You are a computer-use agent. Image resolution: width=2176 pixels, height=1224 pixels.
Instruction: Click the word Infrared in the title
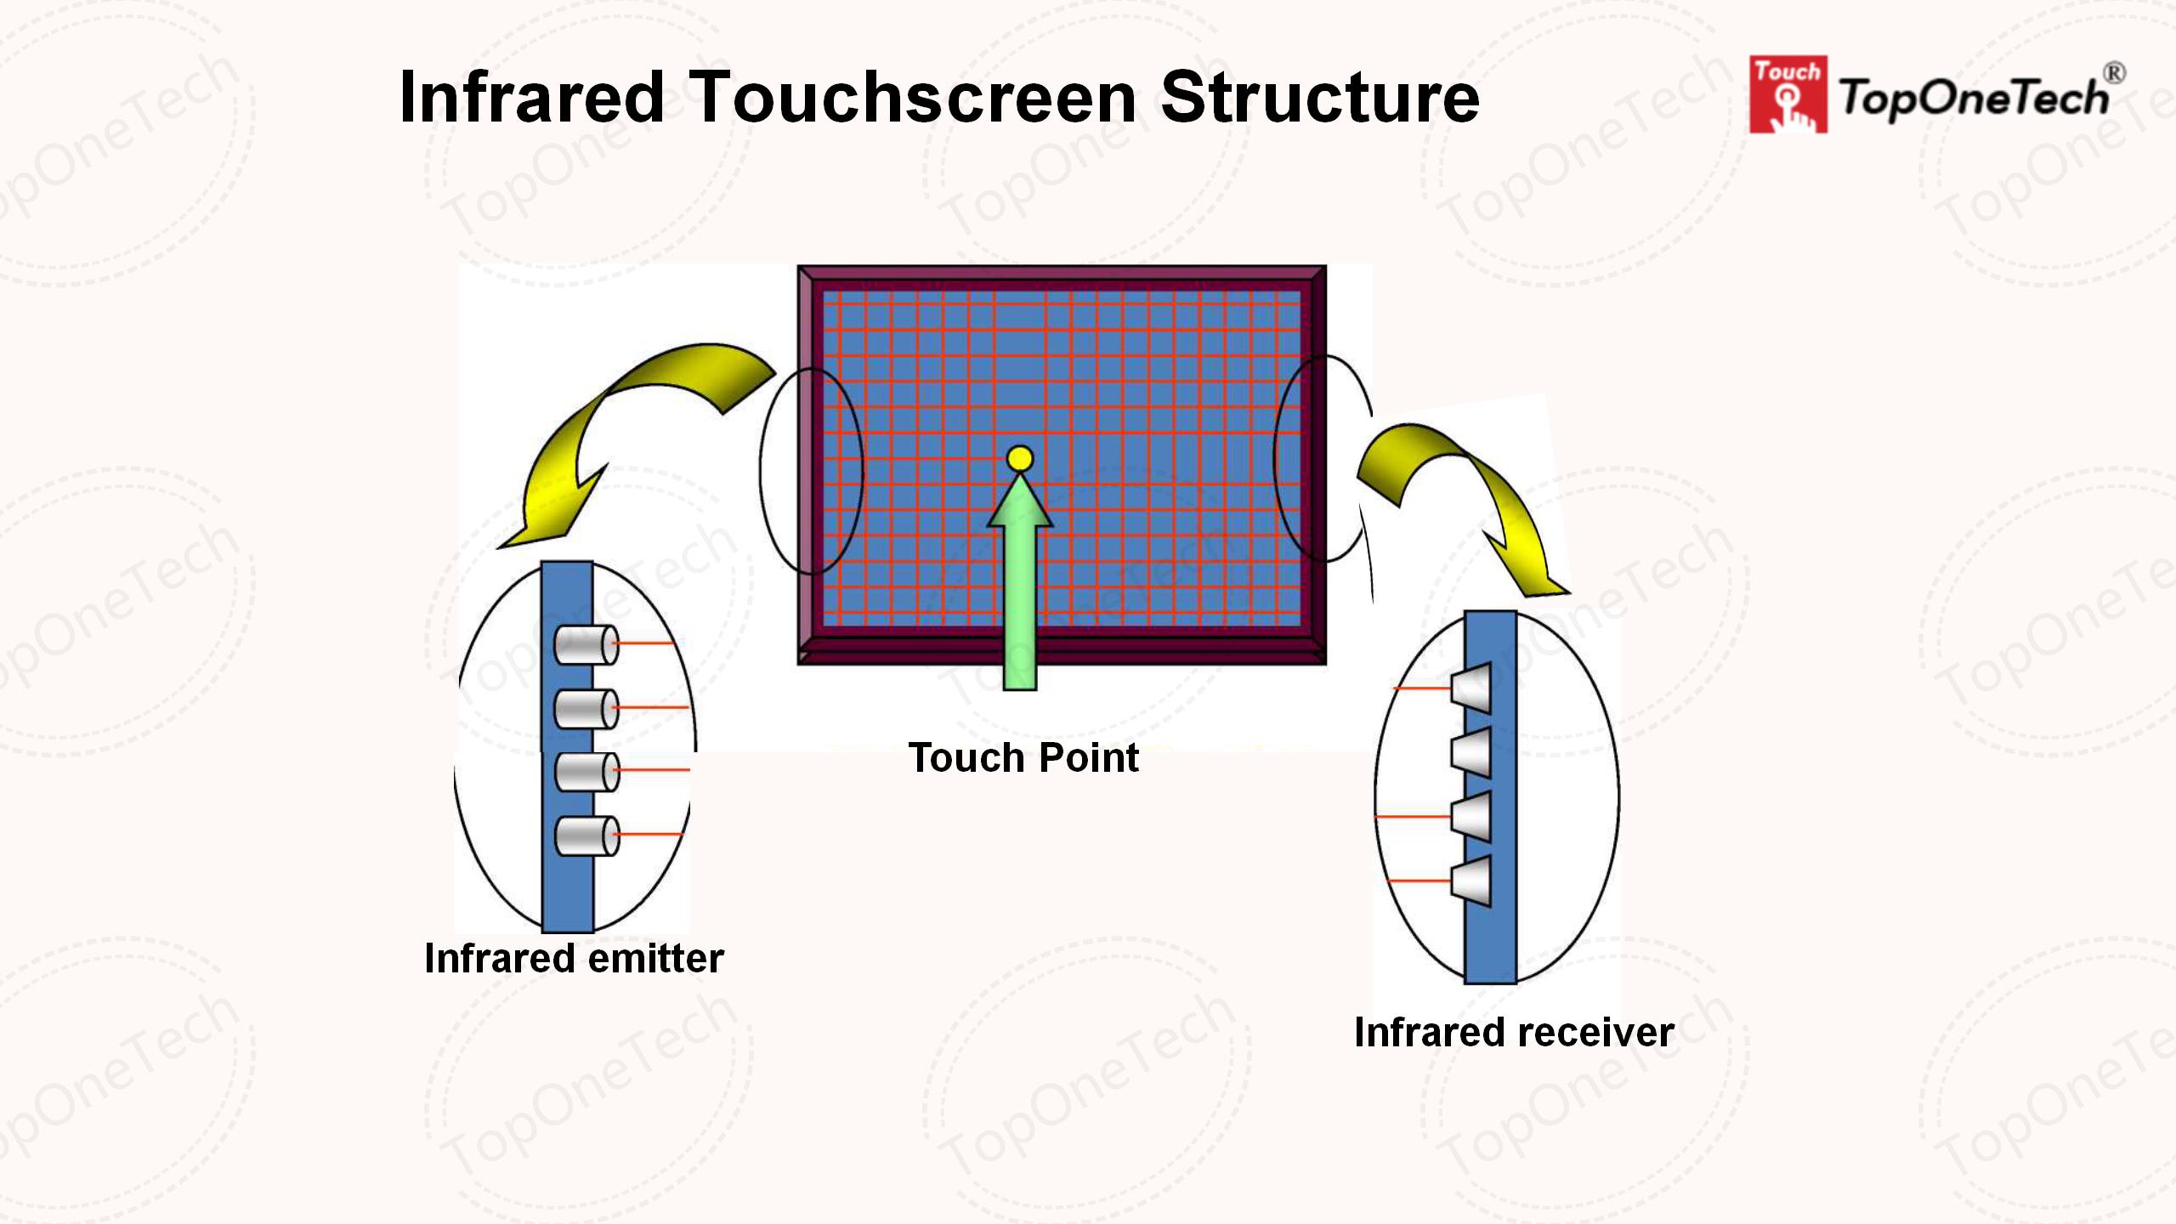[x=531, y=98]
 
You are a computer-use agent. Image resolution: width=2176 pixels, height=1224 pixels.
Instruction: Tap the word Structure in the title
[x=1319, y=98]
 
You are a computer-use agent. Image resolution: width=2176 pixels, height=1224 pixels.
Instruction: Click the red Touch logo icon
[x=1787, y=94]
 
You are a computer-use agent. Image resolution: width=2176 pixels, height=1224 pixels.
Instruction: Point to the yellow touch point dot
[x=1020, y=459]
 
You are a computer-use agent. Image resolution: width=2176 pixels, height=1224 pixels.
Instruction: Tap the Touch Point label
[x=1023, y=757]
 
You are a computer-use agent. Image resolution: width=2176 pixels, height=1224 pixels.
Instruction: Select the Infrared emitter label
[x=574, y=959]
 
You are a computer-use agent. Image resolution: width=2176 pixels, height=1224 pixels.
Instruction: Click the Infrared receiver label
[x=1514, y=1033]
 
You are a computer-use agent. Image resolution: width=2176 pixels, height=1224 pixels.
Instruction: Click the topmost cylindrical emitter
[x=586, y=645]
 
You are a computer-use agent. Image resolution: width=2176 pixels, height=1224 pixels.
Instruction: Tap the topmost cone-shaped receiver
[x=1472, y=687]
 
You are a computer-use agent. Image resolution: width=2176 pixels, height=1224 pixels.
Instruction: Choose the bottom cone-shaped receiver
[x=1472, y=881]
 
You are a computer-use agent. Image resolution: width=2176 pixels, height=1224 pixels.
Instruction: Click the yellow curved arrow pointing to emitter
[x=620, y=425]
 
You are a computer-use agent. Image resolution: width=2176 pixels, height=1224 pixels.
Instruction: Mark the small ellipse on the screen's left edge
[x=810, y=472]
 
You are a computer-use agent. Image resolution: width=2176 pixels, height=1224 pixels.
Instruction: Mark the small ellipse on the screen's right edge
[x=1323, y=459]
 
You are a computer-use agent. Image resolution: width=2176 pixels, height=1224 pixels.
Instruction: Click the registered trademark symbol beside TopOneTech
[x=2115, y=73]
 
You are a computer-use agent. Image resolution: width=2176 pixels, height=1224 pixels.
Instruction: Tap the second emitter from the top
[x=586, y=709]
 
